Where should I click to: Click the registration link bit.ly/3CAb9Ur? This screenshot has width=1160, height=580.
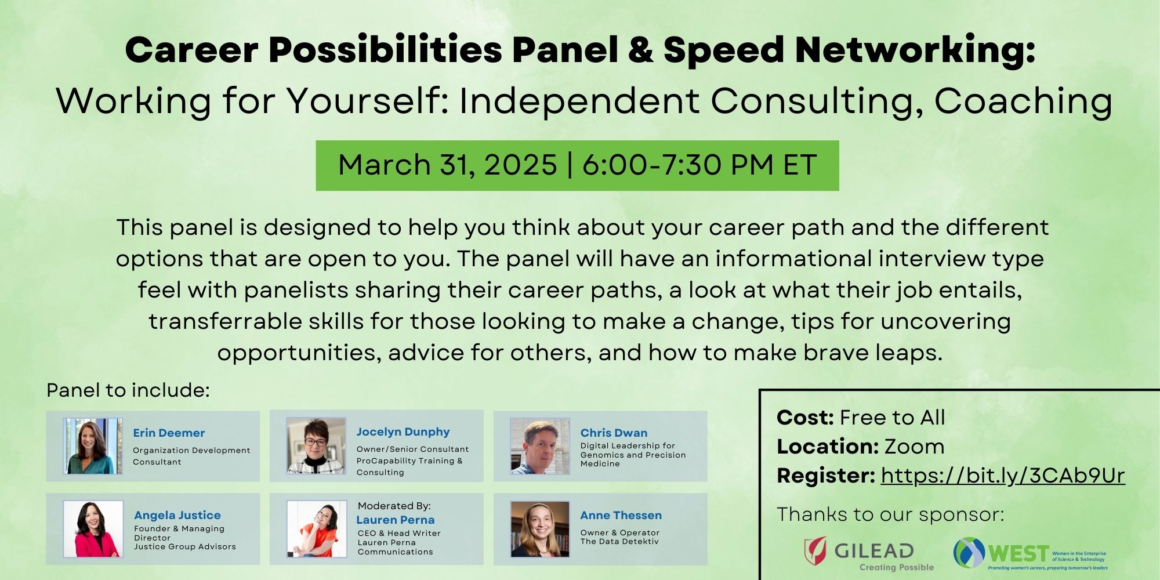click(x=1003, y=476)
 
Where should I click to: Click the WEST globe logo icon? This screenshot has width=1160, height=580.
click(x=969, y=553)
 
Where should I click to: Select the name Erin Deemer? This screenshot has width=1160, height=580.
click(x=169, y=433)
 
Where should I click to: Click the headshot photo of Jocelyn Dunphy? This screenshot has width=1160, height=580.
click(x=316, y=446)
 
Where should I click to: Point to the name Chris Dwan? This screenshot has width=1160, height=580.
click(x=614, y=433)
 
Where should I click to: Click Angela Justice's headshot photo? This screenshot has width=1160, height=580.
click(x=93, y=529)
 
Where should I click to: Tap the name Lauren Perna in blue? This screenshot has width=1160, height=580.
click(x=395, y=520)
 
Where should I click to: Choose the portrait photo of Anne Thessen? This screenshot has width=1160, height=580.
click(x=540, y=529)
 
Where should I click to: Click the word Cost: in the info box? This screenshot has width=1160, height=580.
click(x=805, y=417)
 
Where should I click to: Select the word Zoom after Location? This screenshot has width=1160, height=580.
click(x=914, y=447)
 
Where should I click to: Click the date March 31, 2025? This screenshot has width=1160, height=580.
click(x=447, y=165)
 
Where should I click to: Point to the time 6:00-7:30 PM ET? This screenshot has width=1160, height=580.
click(x=699, y=165)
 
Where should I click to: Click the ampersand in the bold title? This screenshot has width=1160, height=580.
click(x=640, y=50)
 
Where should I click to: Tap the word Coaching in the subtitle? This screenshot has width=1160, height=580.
click(x=1023, y=101)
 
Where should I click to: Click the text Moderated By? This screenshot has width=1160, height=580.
click(x=394, y=506)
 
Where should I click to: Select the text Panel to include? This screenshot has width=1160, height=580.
click(x=128, y=390)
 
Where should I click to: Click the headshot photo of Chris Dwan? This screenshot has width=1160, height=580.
click(x=540, y=446)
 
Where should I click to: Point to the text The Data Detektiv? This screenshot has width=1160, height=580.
click(x=619, y=542)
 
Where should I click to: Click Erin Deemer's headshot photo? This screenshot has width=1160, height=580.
click(x=93, y=446)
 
